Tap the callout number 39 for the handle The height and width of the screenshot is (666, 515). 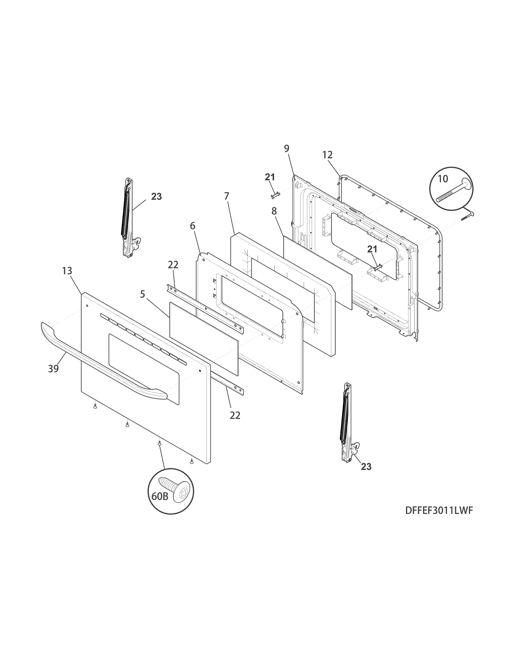click(53, 369)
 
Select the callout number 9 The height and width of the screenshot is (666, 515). click(287, 149)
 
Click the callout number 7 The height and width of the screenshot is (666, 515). click(226, 196)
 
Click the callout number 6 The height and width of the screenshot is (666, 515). click(192, 226)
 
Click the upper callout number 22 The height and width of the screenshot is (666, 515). click(173, 265)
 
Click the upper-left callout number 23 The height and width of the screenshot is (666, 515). click(156, 197)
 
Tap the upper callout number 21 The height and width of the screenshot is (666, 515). click(270, 177)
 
